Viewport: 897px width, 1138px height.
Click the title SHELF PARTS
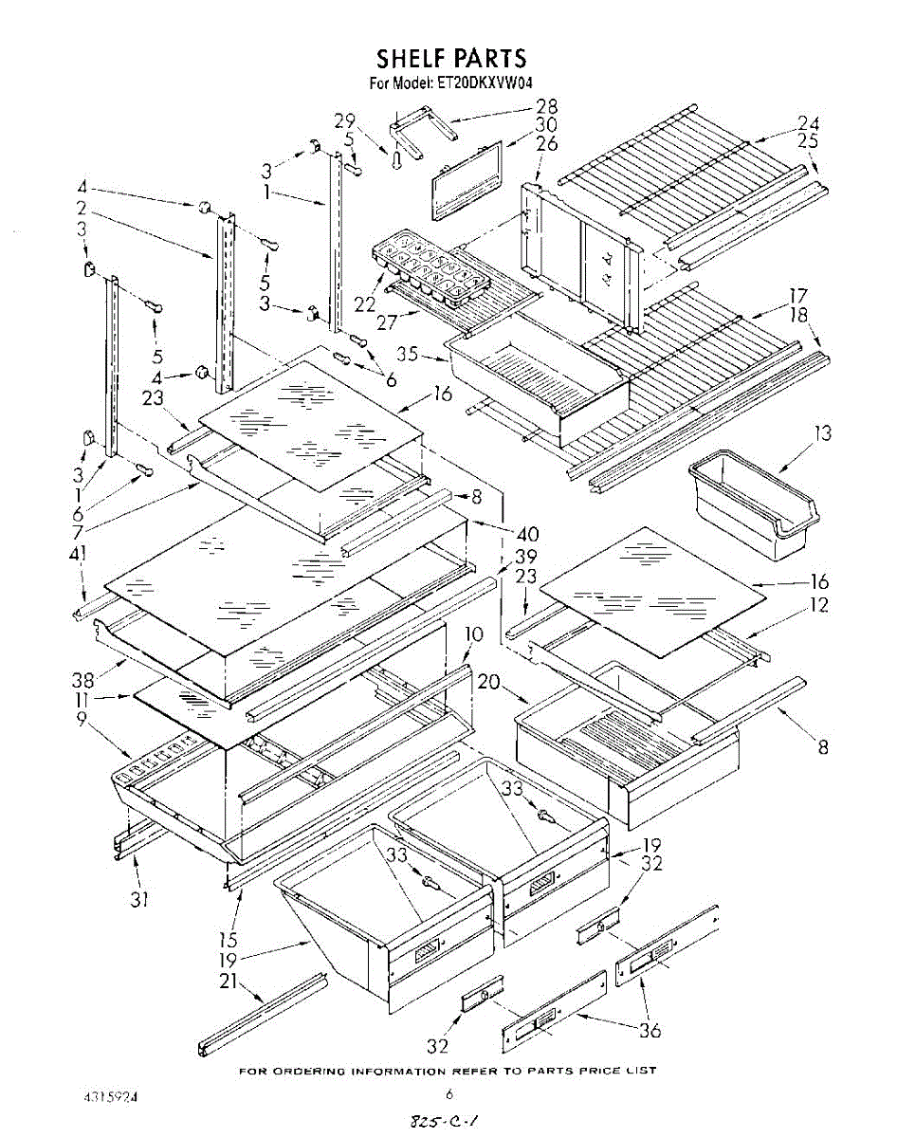451,58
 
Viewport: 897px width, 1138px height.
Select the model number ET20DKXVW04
484,83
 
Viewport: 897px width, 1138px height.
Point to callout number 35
408,354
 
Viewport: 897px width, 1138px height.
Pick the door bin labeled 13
754,505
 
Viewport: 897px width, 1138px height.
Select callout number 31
139,900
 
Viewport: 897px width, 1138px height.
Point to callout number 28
546,106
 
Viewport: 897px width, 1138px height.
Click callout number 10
474,634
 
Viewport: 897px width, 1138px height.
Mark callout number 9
81,719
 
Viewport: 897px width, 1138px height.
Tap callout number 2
81,208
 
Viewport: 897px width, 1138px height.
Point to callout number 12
818,604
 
